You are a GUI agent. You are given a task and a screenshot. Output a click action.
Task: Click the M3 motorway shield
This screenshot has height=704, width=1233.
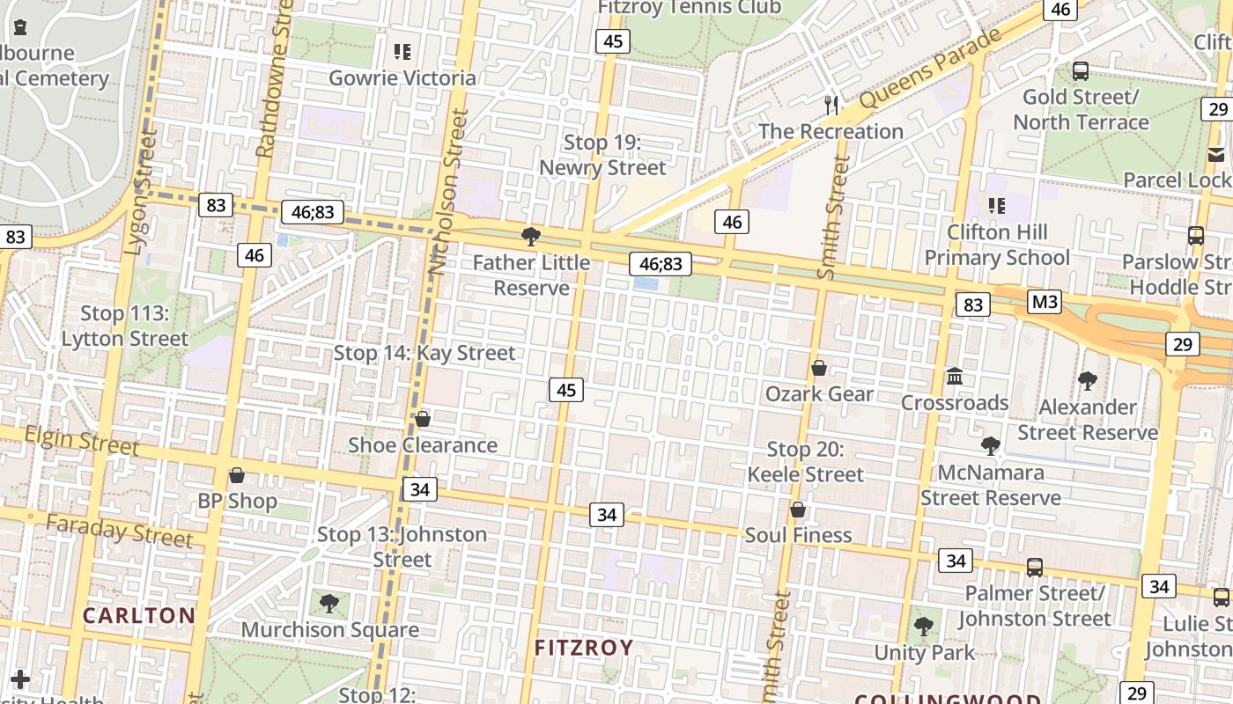click(1045, 303)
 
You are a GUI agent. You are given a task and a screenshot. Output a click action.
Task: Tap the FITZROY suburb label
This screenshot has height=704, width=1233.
click(584, 648)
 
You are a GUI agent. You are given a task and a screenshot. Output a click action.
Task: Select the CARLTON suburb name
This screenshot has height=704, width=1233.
click(139, 615)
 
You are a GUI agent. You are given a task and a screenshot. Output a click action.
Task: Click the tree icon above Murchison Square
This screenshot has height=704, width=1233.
click(329, 604)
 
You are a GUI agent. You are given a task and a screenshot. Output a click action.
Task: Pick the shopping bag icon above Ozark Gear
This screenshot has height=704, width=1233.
click(819, 368)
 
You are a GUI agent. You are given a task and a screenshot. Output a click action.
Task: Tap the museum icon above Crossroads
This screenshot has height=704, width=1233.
click(955, 377)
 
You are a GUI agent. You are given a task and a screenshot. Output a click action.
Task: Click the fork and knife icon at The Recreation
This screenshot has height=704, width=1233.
click(831, 106)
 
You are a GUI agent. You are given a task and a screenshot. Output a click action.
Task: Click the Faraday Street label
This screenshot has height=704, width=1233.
click(119, 530)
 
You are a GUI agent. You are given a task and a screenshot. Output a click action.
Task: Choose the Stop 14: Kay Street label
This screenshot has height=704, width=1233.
click(425, 353)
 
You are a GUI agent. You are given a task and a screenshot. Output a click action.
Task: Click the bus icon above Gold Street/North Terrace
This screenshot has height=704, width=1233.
click(1081, 71)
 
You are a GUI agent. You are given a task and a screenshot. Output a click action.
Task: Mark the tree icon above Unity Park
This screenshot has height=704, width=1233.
click(924, 627)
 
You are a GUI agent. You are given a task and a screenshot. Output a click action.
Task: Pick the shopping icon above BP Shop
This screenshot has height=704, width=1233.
click(237, 476)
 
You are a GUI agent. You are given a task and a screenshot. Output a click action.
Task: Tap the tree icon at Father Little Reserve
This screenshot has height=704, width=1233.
click(530, 236)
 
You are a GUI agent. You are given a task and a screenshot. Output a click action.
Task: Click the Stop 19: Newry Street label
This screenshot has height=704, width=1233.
click(602, 155)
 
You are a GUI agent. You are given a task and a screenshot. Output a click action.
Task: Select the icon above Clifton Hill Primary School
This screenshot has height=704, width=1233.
click(997, 206)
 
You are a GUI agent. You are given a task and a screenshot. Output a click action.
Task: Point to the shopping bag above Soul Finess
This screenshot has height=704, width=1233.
click(798, 510)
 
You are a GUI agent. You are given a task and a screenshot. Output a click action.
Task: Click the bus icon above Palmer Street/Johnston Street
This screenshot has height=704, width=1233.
click(1035, 568)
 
